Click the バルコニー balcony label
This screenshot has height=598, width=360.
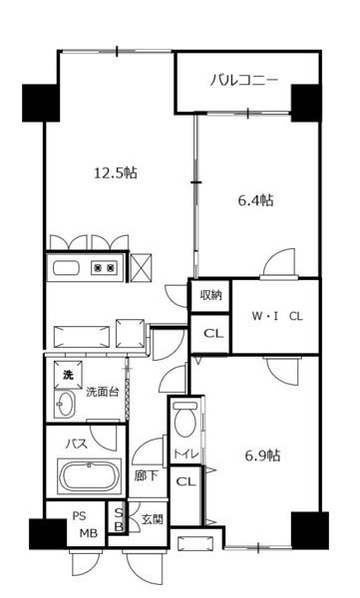(x=243, y=81)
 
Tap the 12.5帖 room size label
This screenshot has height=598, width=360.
(x=116, y=173)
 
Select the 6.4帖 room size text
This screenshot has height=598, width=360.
(x=255, y=200)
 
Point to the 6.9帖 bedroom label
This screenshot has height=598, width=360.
(x=262, y=455)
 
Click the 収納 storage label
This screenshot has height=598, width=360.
(x=210, y=295)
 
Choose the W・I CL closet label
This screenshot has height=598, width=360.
(x=277, y=316)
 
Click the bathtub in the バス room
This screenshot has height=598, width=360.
(x=90, y=476)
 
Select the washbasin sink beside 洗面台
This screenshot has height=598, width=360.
(x=65, y=404)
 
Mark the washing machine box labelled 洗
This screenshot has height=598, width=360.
(x=68, y=375)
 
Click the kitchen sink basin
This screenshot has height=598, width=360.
(x=67, y=268)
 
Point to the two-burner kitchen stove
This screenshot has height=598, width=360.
(x=104, y=268)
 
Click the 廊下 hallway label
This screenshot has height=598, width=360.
(x=146, y=475)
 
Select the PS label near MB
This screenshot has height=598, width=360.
(x=80, y=515)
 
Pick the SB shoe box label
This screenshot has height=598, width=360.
(x=119, y=519)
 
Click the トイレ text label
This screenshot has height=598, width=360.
(x=186, y=453)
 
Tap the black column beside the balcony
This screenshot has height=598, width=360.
(x=306, y=103)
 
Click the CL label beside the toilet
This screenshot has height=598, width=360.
(x=185, y=481)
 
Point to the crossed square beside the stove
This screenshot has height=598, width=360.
(x=141, y=267)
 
